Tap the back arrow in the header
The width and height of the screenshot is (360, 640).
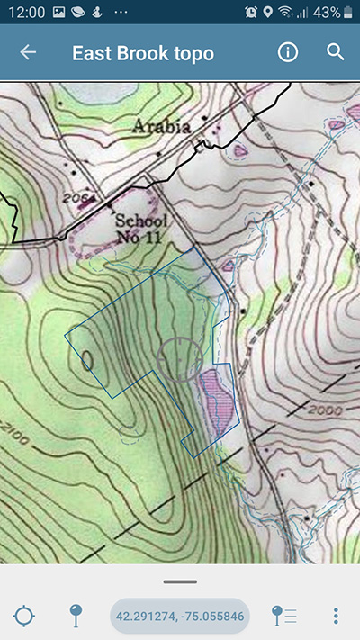28,52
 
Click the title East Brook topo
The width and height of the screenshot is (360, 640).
143,53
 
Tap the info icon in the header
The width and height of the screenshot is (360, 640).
288,52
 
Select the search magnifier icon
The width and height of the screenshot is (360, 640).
336,52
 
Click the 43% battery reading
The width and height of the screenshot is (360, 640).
328,13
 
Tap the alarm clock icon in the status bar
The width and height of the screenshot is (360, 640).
251,13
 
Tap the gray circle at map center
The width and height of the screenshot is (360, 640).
179,359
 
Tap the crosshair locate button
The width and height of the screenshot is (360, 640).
24,616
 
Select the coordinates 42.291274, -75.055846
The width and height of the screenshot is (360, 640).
179,616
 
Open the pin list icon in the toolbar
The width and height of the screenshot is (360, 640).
283,616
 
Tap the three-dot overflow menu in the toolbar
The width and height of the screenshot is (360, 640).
336,616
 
